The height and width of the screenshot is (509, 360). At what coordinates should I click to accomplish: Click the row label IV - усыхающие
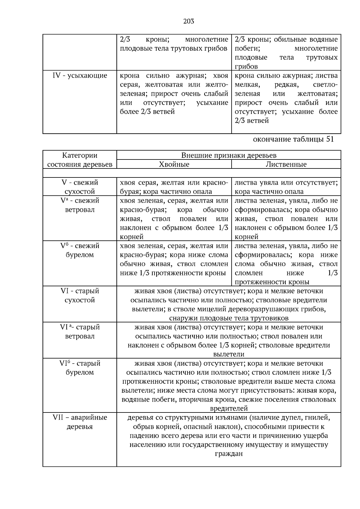point(79,76)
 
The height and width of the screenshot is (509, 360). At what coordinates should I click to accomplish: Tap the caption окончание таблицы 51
point(293,139)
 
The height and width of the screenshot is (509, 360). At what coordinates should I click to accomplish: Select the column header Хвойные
point(174,164)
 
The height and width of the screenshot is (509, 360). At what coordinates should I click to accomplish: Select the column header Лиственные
point(286,164)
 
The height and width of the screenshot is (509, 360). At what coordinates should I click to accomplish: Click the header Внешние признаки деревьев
point(229,155)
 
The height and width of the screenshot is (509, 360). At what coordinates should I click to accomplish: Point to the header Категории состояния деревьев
point(79,160)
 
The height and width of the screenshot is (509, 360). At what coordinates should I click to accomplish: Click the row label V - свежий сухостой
point(79,187)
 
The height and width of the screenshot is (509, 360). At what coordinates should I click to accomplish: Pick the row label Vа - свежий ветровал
point(79,205)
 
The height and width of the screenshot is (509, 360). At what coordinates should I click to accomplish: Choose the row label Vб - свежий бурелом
point(79,250)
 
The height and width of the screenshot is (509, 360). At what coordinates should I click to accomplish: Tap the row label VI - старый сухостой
point(79,296)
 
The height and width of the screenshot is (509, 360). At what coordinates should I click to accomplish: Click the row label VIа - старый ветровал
point(79,332)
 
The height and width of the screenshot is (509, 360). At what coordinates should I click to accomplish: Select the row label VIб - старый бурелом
point(79,368)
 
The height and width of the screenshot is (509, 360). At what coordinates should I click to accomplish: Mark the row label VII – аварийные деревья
point(79,422)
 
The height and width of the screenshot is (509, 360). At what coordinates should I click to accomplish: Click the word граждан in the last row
point(229,454)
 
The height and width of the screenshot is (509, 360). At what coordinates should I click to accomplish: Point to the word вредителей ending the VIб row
point(229,409)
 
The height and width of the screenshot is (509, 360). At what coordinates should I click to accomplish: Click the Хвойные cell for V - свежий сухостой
point(174,187)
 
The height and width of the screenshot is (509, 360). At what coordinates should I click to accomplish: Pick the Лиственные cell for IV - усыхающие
point(286,98)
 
